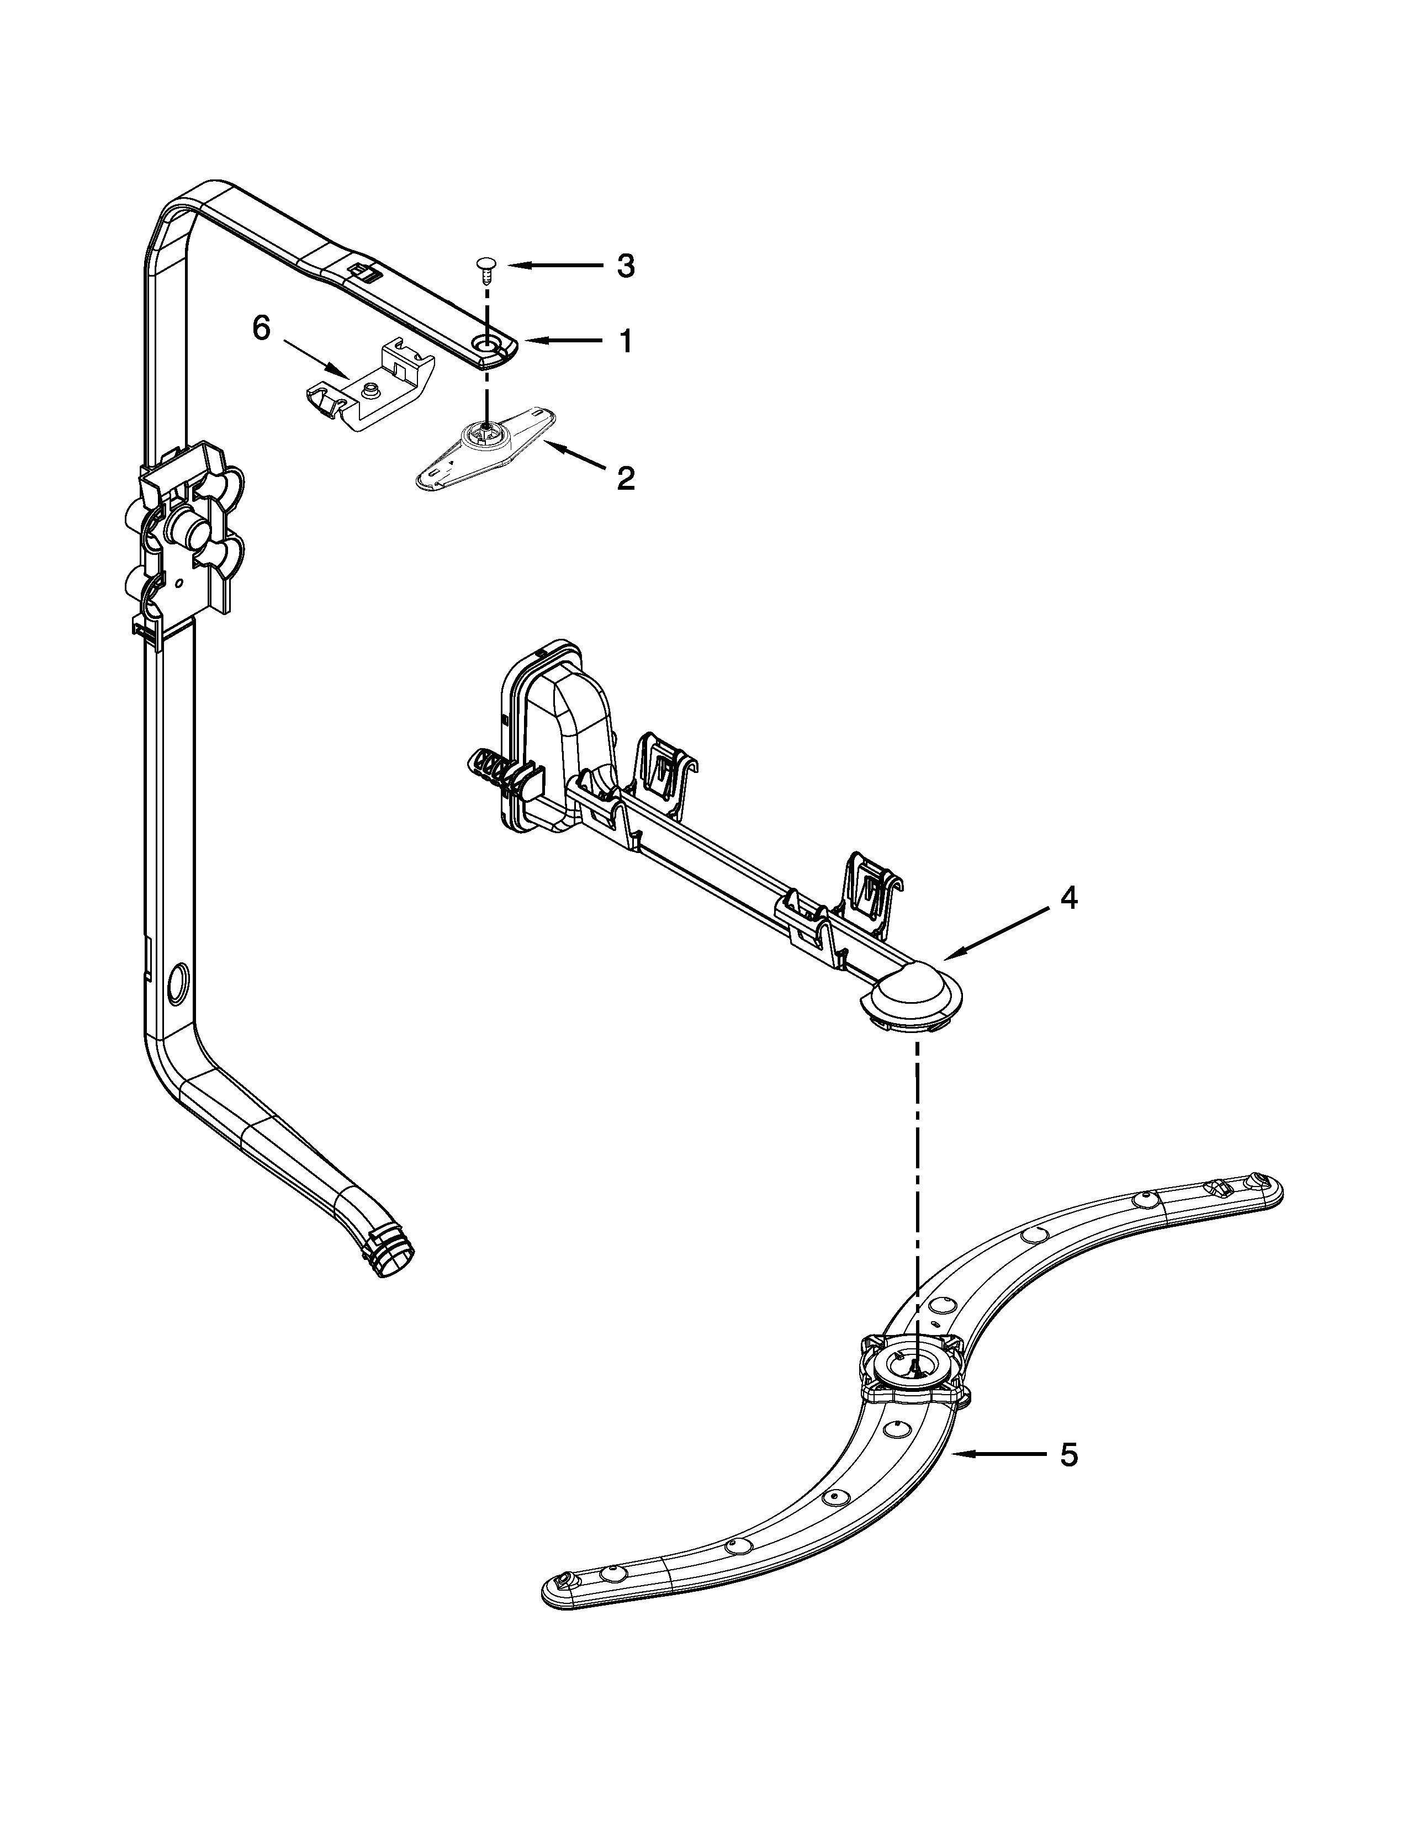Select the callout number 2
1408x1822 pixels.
tap(626, 478)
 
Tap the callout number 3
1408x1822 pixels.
tap(626, 266)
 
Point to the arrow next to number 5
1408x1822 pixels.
tap(997, 1454)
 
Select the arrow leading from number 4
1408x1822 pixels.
tap(996, 932)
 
